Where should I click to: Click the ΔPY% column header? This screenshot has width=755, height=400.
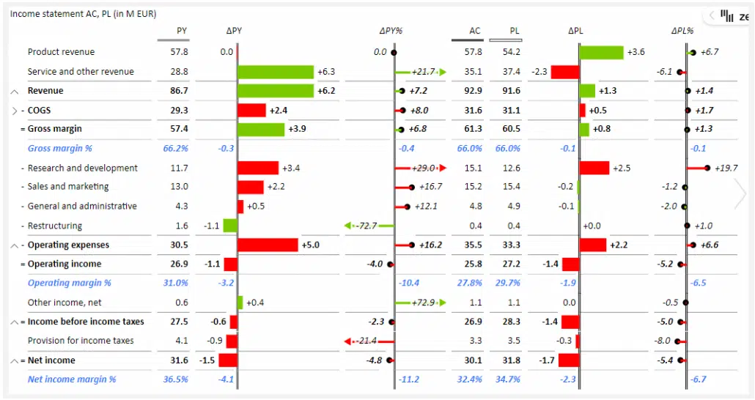(391, 31)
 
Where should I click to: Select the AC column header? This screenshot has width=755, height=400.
(475, 31)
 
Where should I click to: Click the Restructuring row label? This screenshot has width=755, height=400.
(55, 226)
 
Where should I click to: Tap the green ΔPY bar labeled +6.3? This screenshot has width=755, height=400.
(276, 72)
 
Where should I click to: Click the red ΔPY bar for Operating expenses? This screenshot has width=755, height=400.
(268, 245)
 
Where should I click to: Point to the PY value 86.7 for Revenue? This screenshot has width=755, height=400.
(179, 91)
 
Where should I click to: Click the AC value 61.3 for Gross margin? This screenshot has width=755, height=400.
(474, 129)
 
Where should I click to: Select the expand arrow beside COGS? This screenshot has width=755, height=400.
(15, 111)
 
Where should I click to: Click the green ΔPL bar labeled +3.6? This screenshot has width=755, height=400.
(601, 52)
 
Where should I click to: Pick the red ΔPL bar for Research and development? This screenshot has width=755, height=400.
(594, 168)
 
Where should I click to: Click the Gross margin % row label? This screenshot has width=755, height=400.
(60, 148)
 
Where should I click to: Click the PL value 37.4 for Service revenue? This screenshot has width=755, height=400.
(512, 72)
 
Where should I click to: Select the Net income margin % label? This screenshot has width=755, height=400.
(72, 379)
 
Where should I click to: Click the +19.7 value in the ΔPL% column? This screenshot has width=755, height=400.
(726, 168)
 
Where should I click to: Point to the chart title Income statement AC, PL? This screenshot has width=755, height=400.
(83, 14)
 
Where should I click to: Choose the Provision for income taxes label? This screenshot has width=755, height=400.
(81, 341)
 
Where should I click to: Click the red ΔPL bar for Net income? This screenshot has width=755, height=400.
(568, 360)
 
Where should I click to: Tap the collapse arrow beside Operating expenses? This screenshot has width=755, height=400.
(15, 245)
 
